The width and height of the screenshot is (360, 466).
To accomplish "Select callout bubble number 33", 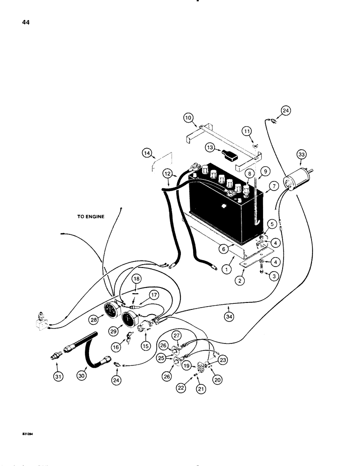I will click(x=302, y=155).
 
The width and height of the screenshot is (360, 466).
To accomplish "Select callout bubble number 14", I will click(x=148, y=152).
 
